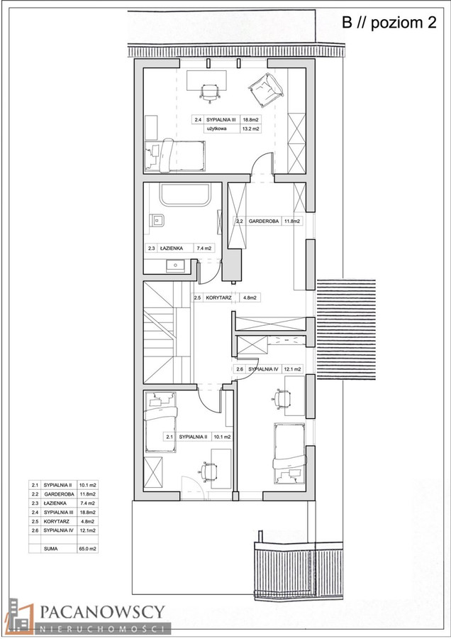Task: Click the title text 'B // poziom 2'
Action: point(389,23)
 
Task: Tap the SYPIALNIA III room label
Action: point(221,120)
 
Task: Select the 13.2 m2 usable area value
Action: point(251,129)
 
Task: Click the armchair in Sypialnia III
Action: point(266,90)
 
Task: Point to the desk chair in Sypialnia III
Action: point(210,92)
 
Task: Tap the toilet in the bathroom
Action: point(156,221)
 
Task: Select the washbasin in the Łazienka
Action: point(175,266)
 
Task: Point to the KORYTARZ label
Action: point(218,298)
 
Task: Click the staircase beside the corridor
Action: point(167,332)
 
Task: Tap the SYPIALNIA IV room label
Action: point(263,369)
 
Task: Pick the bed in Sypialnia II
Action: point(161,422)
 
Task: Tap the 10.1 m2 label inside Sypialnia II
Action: point(222,437)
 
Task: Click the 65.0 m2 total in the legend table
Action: point(87,549)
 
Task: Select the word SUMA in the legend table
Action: point(51,549)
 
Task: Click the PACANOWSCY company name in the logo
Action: point(102,612)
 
